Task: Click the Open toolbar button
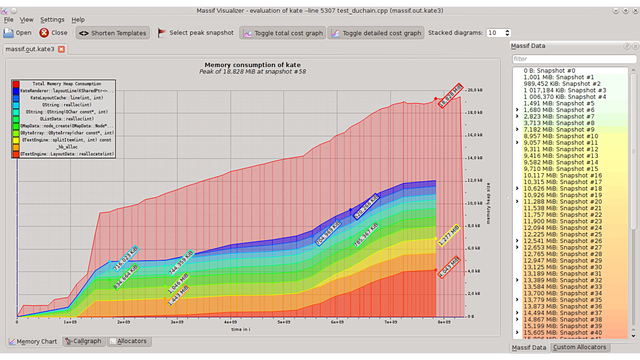pyautogui.click(x=17, y=33)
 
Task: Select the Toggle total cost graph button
pyautogui.click(x=283, y=33)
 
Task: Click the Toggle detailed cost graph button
pyautogui.click(x=376, y=33)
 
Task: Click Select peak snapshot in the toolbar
pyautogui.click(x=195, y=33)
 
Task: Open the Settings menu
pyautogui.click(x=52, y=19)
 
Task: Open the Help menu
pyautogui.click(x=78, y=19)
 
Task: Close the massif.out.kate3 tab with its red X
pyautogui.click(x=61, y=49)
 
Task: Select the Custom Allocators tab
pyautogui.click(x=579, y=347)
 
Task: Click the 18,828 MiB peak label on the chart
pyautogui.click(x=450, y=96)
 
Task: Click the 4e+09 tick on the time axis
pyautogui.click(x=230, y=322)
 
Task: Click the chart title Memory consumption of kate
pyautogui.click(x=252, y=65)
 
